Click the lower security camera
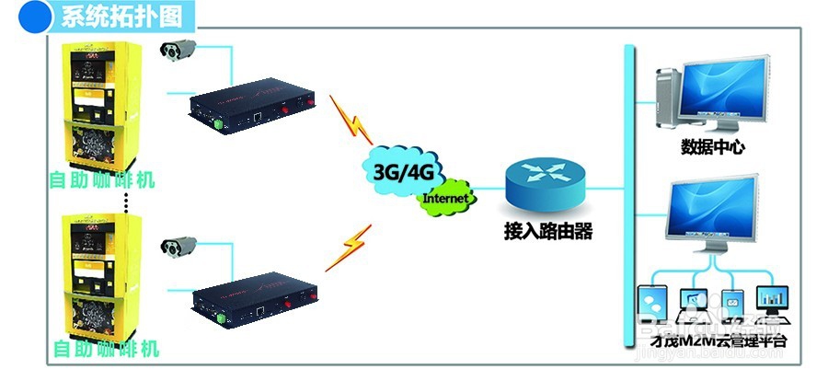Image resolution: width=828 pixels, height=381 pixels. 178,247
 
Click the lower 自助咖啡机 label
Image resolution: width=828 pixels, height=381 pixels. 106,350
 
